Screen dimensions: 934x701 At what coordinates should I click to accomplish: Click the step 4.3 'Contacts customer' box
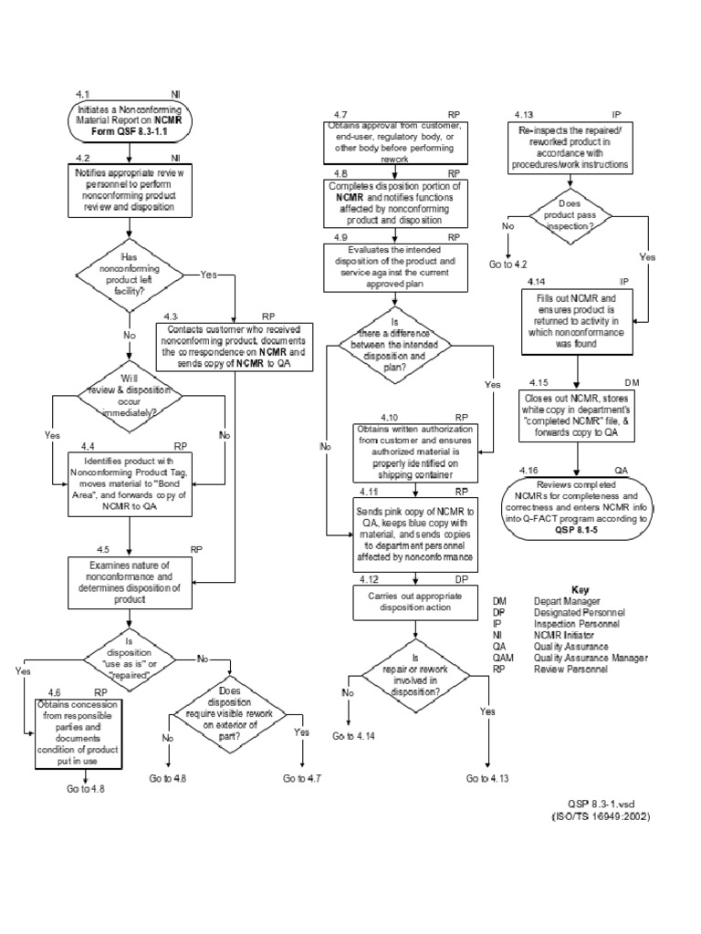tap(235, 345)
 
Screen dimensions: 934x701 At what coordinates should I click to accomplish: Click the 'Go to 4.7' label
tap(301, 779)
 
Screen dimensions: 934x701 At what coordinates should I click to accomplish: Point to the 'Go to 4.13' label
tap(488, 779)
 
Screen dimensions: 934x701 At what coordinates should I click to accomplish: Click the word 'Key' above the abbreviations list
tap(581, 589)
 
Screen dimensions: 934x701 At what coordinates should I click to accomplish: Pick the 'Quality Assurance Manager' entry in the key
tap(591, 658)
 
